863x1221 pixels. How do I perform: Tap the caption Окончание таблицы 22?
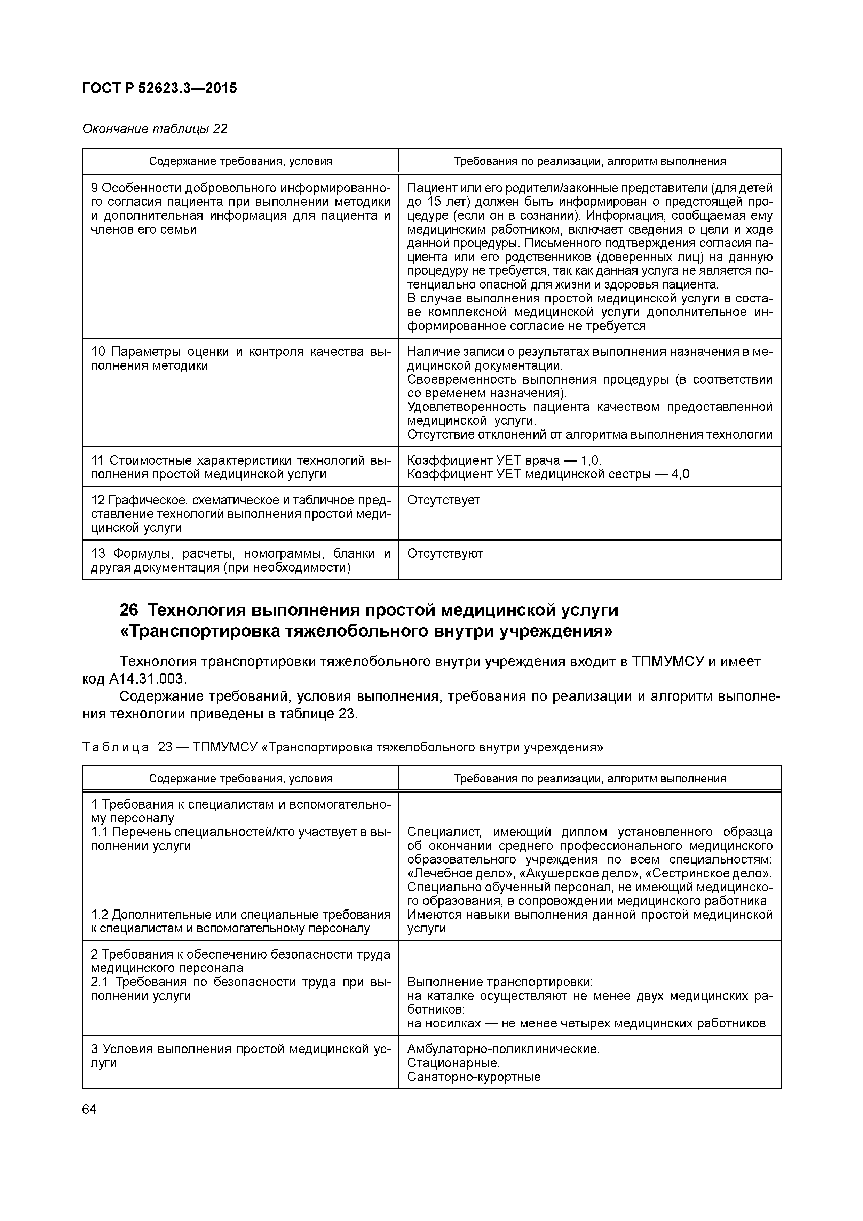click(155, 129)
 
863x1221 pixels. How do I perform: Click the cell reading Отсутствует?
click(443, 501)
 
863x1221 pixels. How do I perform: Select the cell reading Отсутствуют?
click(445, 554)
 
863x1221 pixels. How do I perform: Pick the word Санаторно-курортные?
click(474, 1077)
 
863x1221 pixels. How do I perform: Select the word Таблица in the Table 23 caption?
click(116, 748)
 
